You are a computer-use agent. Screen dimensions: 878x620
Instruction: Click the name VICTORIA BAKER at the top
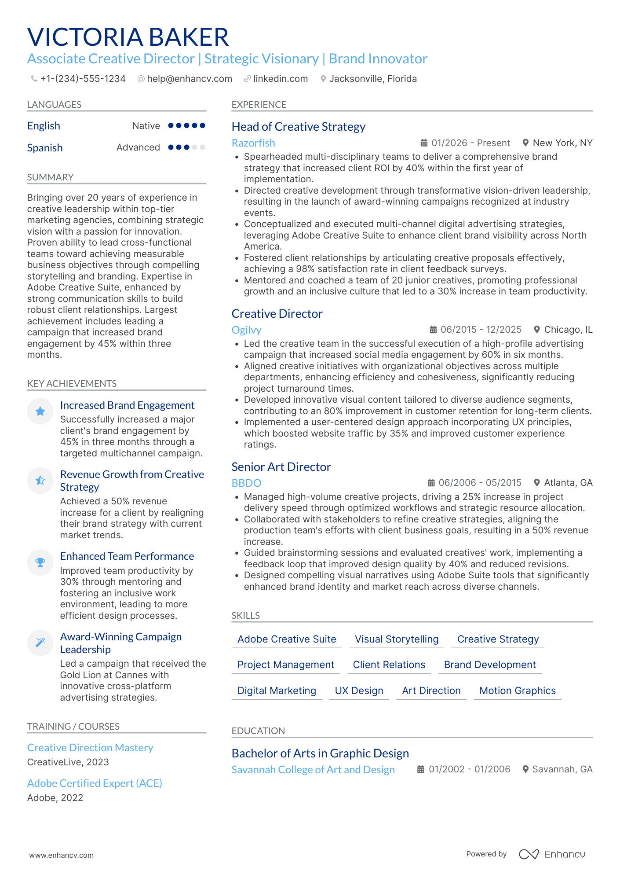[x=128, y=37]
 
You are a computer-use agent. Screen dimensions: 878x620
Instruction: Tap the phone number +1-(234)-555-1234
[x=83, y=79]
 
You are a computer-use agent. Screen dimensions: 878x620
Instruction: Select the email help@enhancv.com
[x=190, y=79]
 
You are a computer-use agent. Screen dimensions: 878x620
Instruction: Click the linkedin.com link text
[x=281, y=79]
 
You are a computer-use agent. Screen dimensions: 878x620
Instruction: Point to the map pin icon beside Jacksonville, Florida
[x=323, y=79]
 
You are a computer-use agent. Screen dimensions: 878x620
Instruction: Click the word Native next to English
[x=146, y=126]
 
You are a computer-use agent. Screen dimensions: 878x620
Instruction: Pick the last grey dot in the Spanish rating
[x=203, y=147]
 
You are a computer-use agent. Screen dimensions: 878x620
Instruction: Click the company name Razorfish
[x=253, y=143]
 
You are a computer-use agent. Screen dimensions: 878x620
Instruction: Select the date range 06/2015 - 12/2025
[x=481, y=330]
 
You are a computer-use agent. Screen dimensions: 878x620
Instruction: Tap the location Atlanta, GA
[x=568, y=483]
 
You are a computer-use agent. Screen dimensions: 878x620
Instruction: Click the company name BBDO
[x=246, y=483]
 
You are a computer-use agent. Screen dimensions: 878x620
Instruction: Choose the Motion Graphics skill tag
[x=517, y=691]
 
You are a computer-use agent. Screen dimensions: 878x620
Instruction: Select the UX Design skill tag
[x=359, y=691]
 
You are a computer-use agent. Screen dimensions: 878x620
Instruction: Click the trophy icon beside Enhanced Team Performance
[x=40, y=562]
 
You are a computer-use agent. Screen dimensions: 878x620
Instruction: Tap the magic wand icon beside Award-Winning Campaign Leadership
[x=40, y=643]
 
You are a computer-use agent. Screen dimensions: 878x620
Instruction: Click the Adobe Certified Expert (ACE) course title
[x=95, y=783]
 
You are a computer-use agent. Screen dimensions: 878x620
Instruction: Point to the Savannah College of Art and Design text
[x=313, y=770]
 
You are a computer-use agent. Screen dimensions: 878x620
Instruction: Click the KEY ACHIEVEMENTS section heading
[x=72, y=384]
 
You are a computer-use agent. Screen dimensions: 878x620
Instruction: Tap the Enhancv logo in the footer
[x=552, y=854]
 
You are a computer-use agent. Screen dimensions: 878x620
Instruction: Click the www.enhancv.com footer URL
[x=62, y=855]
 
